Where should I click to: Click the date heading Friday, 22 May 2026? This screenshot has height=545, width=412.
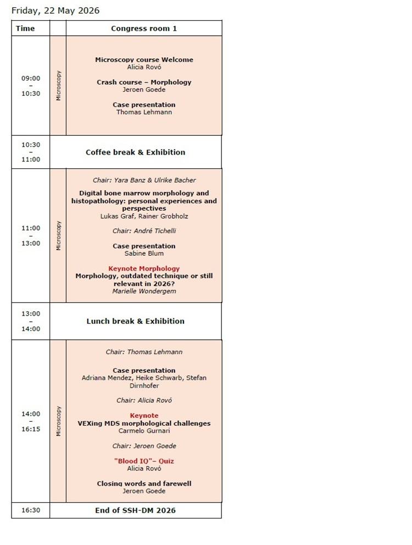click(55, 10)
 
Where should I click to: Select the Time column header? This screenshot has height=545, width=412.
click(25, 29)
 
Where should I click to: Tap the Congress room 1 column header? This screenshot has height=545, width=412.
click(144, 29)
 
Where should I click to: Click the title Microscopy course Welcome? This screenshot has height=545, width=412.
click(144, 59)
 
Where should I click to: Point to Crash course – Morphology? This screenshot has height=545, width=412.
click(144, 82)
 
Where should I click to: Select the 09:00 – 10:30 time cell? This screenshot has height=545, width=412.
click(31, 86)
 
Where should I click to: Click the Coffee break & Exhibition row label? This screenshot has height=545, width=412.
click(135, 152)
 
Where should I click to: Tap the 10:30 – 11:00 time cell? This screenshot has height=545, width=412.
click(31, 152)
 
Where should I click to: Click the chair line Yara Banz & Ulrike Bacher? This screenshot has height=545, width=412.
click(144, 180)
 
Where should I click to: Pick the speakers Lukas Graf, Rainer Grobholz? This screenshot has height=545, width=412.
click(144, 216)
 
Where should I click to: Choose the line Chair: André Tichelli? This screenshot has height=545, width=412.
click(144, 231)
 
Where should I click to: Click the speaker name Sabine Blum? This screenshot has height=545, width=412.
click(144, 254)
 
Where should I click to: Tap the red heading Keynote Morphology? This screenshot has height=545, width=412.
click(144, 268)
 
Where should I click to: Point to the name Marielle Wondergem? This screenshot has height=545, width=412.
click(144, 291)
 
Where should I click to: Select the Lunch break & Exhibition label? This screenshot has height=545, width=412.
click(135, 321)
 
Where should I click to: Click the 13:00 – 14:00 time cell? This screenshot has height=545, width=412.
click(31, 321)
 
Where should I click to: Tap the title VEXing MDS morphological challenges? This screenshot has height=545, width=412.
click(144, 423)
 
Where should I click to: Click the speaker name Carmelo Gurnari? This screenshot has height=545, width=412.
click(144, 431)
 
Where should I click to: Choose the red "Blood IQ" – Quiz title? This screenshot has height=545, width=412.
click(144, 461)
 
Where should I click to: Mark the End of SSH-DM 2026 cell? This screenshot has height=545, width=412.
click(135, 510)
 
